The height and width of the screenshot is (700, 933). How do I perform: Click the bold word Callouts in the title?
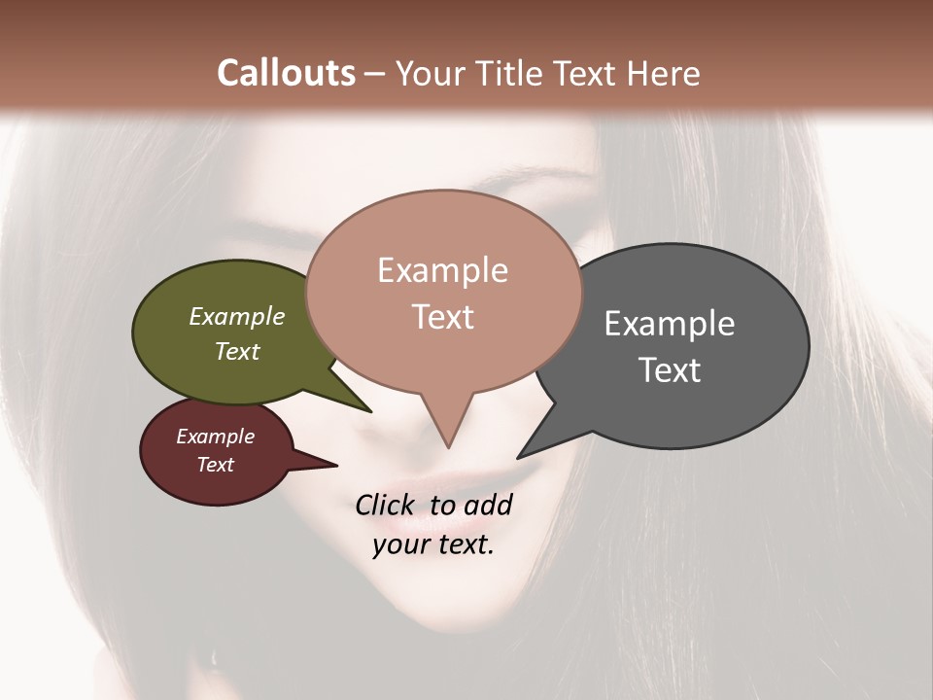[x=286, y=73]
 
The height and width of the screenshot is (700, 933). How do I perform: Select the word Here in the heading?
[x=663, y=73]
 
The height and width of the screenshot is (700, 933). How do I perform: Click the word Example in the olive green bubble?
[x=237, y=316]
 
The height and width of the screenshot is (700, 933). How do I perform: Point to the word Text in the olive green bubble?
[x=237, y=351]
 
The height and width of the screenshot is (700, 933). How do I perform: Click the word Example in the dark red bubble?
[x=216, y=437]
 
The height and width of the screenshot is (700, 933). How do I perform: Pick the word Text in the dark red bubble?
[x=216, y=465]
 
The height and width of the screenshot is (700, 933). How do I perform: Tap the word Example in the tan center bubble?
[x=442, y=270]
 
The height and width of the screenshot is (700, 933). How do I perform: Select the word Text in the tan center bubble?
[x=442, y=317]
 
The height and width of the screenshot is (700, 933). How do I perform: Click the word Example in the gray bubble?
[x=670, y=324]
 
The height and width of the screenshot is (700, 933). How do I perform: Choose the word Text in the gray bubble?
[x=670, y=370]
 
